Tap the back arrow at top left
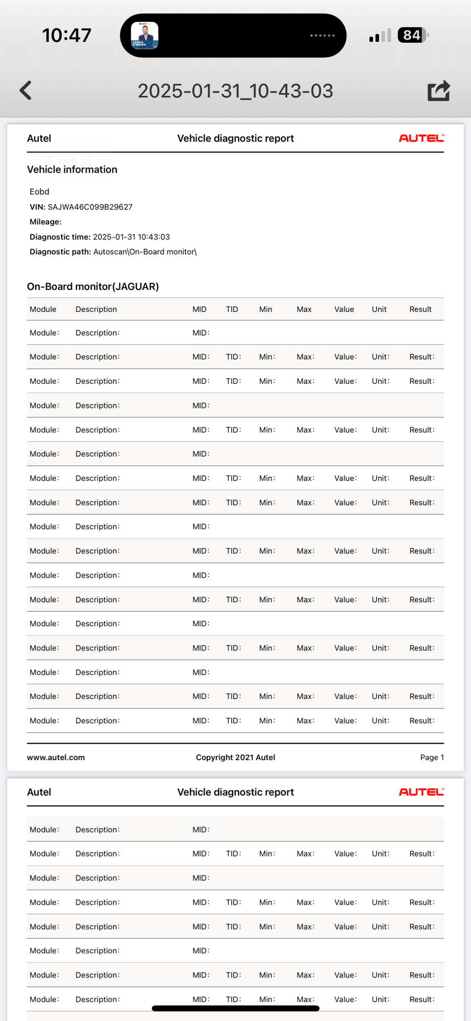pos(26,90)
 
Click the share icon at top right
pos(438,90)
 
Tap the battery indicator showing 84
pos(412,35)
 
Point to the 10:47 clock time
pos(66,35)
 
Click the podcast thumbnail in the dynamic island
pos(145,35)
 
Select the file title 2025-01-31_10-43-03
pos(235,91)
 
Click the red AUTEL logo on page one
pos(421,138)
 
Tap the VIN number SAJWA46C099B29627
pos(90,207)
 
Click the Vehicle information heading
pos(72,169)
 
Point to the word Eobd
pos(39,191)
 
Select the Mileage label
pos(45,222)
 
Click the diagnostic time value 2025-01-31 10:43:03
pos(131,237)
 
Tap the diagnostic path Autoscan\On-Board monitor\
pos(144,252)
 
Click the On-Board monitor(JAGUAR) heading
pos(93,286)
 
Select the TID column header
pos(232,309)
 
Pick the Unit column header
pos(379,309)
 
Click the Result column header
pos(420,309)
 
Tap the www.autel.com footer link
pos(56,757)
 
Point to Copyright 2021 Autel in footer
pos(235,757)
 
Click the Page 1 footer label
pos(432,757)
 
